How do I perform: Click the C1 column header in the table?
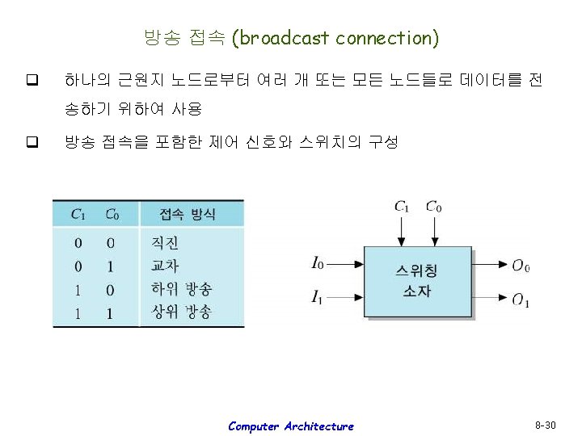[x=79, y=214]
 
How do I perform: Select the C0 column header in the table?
[x=112, y=214]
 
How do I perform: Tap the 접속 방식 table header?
[x=188, y=214]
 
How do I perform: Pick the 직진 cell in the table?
[x=165, y=242]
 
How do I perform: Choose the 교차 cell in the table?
[x=165, y=266]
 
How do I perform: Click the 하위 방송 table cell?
[x=181, y=289]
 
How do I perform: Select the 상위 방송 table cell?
[x=181, y=312]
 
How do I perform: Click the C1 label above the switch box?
[x=402, y=207]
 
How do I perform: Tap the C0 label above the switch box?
[x=434, y=207]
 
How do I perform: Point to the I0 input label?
[x=318, y=262]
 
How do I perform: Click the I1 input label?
[x=318, y=298]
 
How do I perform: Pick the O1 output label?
[x=521, y=300]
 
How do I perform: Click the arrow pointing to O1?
[x=490, y=297]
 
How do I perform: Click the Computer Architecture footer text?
[x=291, y=426]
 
